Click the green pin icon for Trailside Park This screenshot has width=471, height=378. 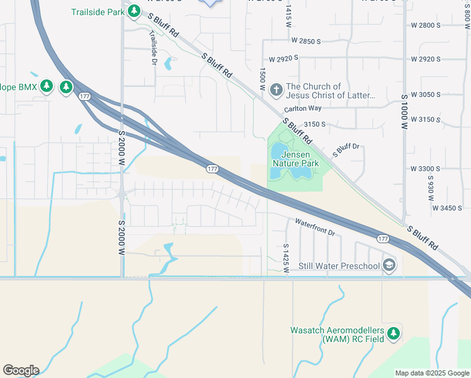click(x=134, y=12)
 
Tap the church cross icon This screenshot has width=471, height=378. click(x=275, y=91)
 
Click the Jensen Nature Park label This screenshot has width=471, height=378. click(x=295, y=159)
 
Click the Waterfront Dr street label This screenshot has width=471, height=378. click(x=315, y=227)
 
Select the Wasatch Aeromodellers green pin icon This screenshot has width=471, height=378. click(x=394, y=333)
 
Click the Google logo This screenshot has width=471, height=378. click(x=21, y=370)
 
